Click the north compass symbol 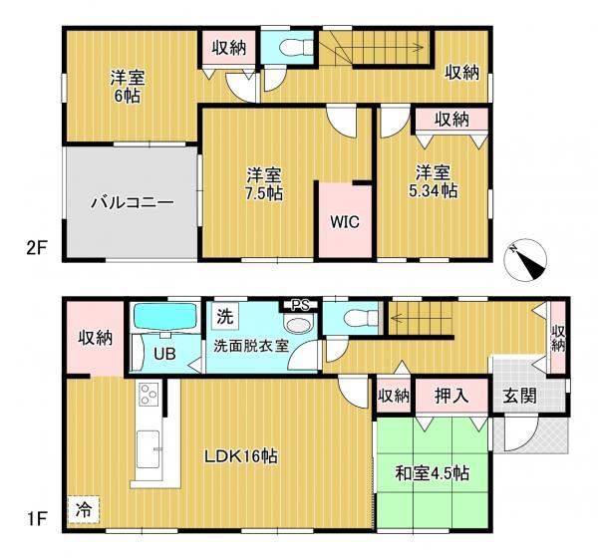click(x=525, y=261)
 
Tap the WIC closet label click(x=345, y=221)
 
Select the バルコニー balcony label click(x=133, y=202)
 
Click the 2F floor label click(x=36, y=249)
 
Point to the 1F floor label click(x=36, y=519)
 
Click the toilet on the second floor click(x=296, y=48)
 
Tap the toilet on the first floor click(x=360, y=317)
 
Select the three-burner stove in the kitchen click(x=149, y=395)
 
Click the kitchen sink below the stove click(x=148, y=449)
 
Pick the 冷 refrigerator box click(x=84, y=509)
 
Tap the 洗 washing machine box click(x=224, y=317)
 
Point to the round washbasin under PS click(x=298, y=325)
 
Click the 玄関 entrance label click(x=519, y=396)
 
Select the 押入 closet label click(x=451, y=396)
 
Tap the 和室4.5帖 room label click(x=433, y=473)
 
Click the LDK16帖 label click(x=241, y=456)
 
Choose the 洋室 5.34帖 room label click(x=433, y=181)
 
